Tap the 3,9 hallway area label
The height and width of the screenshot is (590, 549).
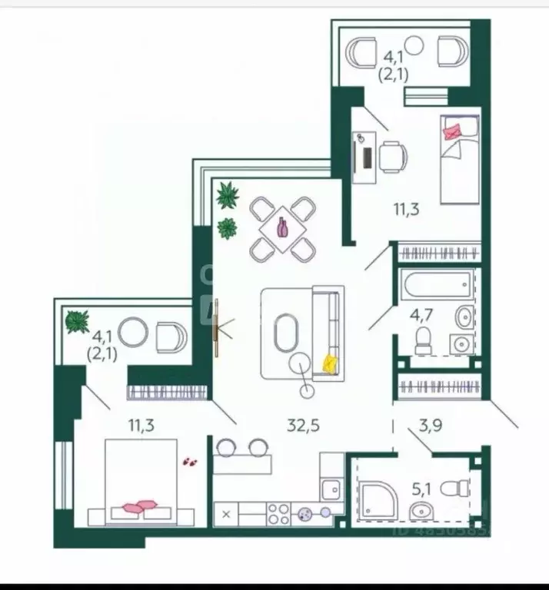click(435, 423)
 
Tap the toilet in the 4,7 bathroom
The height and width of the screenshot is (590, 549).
click(423, 341)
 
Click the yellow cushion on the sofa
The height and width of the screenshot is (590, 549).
click(331, 363)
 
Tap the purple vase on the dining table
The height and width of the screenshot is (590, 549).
click(282, 227)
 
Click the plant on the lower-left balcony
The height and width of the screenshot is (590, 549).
click(77, 321)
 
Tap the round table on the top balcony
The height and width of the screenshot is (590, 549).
click(414, 45)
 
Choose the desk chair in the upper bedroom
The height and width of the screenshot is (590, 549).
click(394, 157)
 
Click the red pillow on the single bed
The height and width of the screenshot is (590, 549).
click(452, 131)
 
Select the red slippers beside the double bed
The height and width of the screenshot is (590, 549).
click(189, 462)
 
